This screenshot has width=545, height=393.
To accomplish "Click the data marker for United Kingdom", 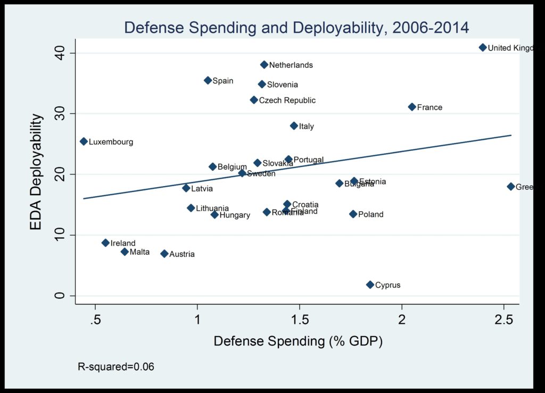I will point(483,47).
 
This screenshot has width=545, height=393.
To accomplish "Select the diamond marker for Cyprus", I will point(370,285).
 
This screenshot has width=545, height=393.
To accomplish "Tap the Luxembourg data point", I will point(84,141).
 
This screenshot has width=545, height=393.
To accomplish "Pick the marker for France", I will point(412,107).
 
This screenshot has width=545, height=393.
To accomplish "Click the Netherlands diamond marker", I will point(264,65).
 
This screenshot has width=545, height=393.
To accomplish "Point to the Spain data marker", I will point(208,80).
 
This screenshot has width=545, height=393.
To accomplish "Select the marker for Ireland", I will point(105,243).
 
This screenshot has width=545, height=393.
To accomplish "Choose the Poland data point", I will point(353,214).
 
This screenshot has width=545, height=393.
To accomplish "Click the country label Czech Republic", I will point(287,101).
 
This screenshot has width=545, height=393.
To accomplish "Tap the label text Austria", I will point(182,254).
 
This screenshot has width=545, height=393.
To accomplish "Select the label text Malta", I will point(139,252).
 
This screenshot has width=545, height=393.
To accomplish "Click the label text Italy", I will point(307,127).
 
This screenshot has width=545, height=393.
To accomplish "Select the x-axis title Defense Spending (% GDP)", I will point(298,341).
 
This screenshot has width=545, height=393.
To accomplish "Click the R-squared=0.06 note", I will point(116,366).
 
